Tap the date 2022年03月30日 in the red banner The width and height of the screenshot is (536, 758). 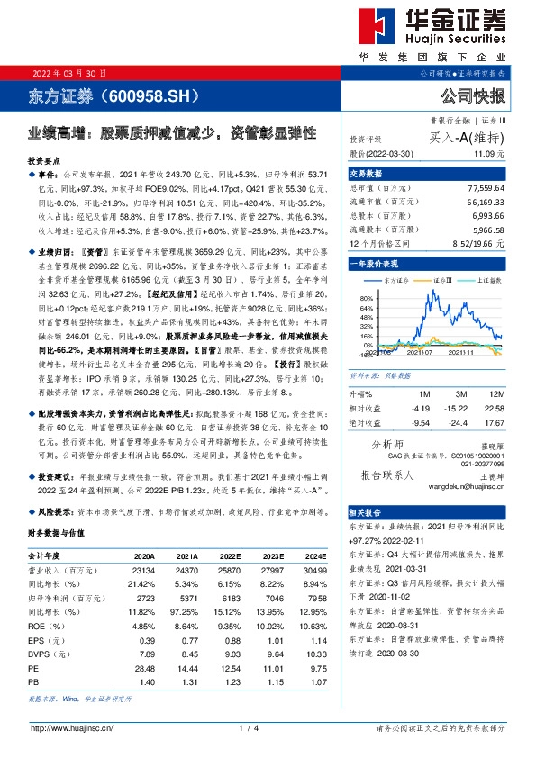(x=64, y=72)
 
